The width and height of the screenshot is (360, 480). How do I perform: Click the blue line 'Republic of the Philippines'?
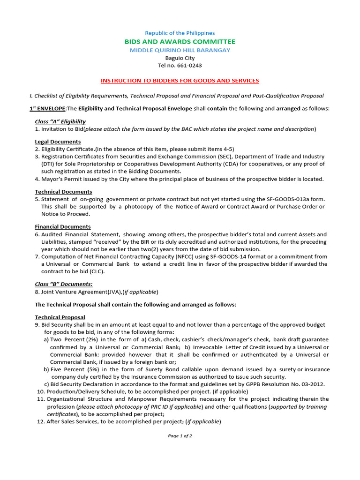(x=180, y=33)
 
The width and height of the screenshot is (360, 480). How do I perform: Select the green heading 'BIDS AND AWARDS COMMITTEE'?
(x=180, y=42)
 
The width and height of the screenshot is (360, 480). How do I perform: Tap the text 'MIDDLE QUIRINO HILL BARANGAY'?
(x=180, y=50)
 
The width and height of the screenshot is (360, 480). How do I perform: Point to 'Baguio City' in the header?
(x=180, y=58)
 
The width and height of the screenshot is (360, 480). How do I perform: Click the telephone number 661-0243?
(x=187, y=66)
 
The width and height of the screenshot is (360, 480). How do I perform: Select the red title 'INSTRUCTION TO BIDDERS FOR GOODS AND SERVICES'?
(x=180, y=81)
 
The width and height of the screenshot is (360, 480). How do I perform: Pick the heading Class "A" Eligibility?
(x=60, y=121)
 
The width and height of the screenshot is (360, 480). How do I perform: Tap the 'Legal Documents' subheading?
(x=58, y=142)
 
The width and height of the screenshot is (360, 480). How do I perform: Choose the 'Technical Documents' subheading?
(x=63, y=192)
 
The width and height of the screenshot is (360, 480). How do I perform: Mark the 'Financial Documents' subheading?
(x=63, y=226)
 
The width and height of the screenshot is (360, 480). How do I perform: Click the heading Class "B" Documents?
(x=64, y=284)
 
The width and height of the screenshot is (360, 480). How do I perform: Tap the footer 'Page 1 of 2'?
(x=180, y=436)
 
